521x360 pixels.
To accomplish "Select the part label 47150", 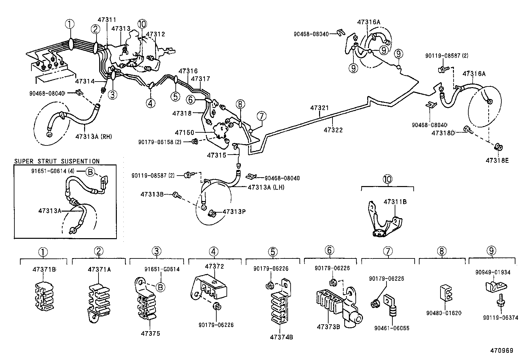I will (184, 133).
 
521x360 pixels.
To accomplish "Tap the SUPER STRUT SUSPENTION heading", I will (57, 161).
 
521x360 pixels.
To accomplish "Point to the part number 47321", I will (319, 108).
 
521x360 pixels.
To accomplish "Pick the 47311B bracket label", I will (395, 202).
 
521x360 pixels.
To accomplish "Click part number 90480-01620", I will (443, 313).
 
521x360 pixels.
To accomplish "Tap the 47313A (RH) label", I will (94, 136).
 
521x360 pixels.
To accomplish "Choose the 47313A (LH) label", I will (266, 187).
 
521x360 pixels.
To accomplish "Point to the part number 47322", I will (333, 130).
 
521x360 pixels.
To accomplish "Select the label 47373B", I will (328, 327).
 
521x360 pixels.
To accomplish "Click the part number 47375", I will (151, 333).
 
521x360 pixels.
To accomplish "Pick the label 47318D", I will (443, 133).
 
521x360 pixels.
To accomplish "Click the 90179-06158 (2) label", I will (159, 142).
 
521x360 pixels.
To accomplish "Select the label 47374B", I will (281, 337).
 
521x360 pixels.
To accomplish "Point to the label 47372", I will (214, 266).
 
